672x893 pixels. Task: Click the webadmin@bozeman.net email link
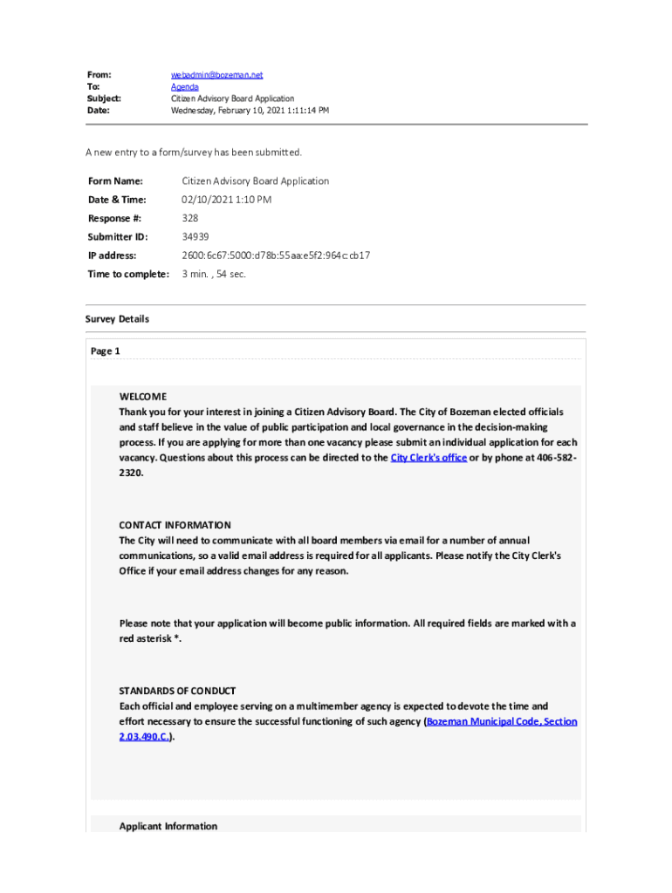216,76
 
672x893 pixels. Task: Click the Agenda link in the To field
184,87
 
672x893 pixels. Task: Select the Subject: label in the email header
103,99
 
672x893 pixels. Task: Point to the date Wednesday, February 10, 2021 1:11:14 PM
250,111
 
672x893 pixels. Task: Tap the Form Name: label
114,181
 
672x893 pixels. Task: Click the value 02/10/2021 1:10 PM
226,200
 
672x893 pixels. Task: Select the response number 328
190,218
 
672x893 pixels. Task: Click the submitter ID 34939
195,236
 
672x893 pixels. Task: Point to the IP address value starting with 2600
276,256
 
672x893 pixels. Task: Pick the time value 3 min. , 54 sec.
214,274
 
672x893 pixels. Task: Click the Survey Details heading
117,319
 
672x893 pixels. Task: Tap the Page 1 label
106,351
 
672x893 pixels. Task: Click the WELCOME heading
142,397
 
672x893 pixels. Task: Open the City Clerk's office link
428,458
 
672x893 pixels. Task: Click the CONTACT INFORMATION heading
175,525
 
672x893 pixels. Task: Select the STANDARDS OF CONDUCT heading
177,691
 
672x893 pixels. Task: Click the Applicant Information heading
168,826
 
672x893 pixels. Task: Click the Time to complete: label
127,274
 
